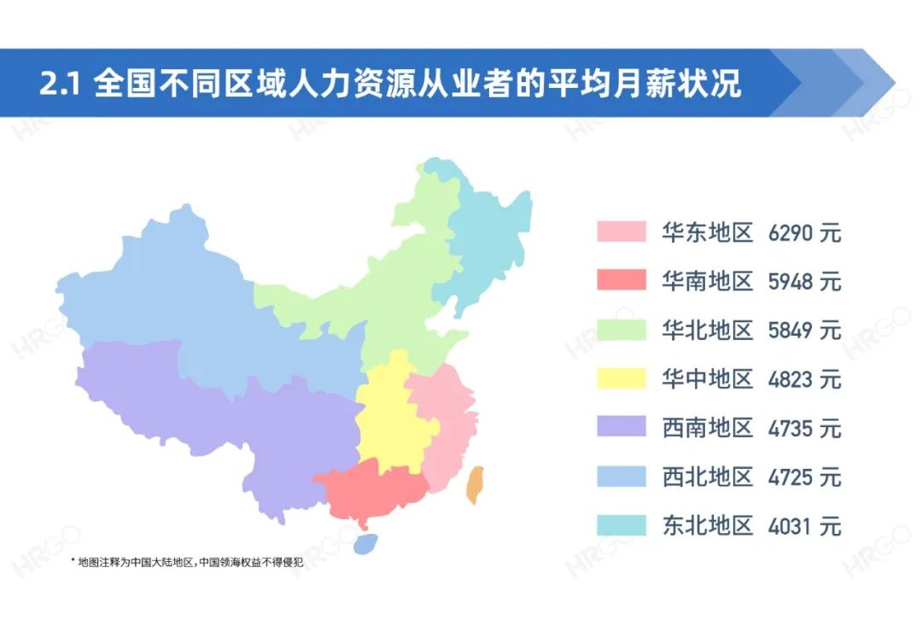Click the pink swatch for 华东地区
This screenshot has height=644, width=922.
pos(621,231)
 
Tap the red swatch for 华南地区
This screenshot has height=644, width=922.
pos(621,280)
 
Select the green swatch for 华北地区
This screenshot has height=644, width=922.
pos(621,329)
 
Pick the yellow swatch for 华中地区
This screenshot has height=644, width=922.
pos(621,378)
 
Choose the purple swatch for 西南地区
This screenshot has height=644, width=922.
pos(621,426)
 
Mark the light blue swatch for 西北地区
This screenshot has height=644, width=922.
pos(621,475)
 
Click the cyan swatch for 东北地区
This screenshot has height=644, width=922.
pos(621,524)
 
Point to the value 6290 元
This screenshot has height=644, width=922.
pos(804,232)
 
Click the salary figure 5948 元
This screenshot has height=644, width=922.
pos(804,281)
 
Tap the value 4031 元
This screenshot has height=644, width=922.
pos(804,524)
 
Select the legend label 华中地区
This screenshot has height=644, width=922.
pos(707,378)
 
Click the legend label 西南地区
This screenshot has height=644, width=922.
pos(707,427)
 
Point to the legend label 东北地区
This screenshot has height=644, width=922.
pos(707,524)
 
